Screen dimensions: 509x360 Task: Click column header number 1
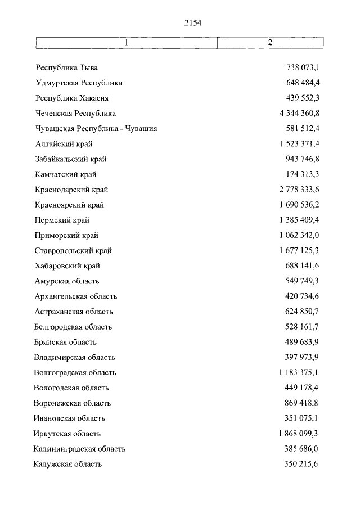(x=127, y=43)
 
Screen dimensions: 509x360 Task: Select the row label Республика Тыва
(x=67, y=67)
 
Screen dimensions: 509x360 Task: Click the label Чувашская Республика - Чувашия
(x=96, y=128)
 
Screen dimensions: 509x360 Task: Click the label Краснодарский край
(x=71, y=190)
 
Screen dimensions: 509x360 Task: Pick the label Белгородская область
(x=73, y=326)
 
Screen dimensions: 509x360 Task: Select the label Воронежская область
(x=72, y=403)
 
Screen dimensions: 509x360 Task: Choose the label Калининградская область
(x=79, y=449)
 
